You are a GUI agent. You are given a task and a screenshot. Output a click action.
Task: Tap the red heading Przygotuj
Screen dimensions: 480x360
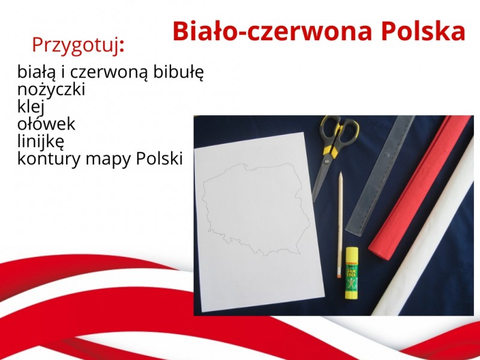coord(78,46)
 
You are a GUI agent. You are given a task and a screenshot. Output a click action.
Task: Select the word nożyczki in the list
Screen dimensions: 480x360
coord(51,89)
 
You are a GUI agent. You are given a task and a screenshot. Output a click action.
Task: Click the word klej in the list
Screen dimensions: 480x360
coord(31,107)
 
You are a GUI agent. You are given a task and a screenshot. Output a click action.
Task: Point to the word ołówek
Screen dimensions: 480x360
coord(46,124)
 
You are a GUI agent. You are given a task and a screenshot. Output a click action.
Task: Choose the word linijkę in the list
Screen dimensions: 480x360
coord(41,142)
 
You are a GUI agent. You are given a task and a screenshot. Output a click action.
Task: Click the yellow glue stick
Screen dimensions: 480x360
coord(352,273)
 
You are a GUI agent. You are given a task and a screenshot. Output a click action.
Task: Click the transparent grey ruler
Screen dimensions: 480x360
coord(380,175)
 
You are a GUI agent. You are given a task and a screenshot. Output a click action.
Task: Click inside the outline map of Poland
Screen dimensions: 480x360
coord(254,208)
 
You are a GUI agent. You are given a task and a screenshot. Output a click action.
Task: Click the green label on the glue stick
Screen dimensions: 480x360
coord(352,277)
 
